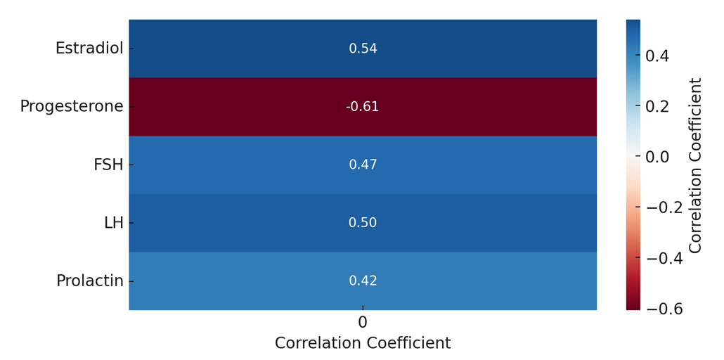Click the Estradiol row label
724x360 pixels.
pyautogui.click(x=89, y=49)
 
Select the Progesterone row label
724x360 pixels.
pyautogui.click(x=72, y=107)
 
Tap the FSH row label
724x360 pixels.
pyautogui.click(x=108, y=165)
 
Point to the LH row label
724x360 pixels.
pyautogui.click(x=113, y=223)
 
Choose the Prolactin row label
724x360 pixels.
pyautogui.click(x=90, y=281)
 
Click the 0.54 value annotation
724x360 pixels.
pyautogui.click(x=363, y=49)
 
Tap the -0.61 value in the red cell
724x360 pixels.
pyautogui.click(x=362, y=107)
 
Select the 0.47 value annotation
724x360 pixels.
pyautogui.click(x=363, y=165)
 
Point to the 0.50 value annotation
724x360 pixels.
pyautogui.click(x=363, y=223)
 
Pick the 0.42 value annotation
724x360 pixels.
pyautogui.click(x=363, y=281)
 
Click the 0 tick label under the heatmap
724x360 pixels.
pyautogui.click(x=363, y=323)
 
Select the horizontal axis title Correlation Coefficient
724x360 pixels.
pyautogui.click(x=363, y=344)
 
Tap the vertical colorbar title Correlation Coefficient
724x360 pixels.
pyautogui.click(x=696, y=165)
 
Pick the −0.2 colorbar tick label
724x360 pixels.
pyautogui.click(x=664, y=207)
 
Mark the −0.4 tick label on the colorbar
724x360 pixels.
pyautogui.click(x=664, y=258)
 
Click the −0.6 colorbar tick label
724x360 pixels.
pyautogui.click(x=664, y=309)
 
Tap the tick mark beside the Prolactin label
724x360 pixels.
pyautogui.click(x=131, y=281)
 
